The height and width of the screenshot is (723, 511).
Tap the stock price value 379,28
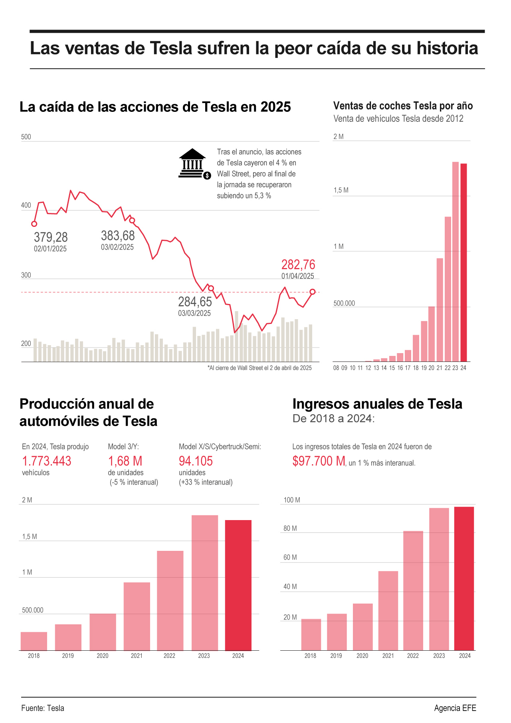51,237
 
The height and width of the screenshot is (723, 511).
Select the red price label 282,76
298,264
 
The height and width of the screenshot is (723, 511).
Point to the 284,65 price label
195,302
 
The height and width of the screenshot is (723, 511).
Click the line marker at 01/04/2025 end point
313,292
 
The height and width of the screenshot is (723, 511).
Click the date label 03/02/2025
117,247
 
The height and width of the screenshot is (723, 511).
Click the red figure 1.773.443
47,461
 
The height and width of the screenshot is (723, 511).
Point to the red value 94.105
196,461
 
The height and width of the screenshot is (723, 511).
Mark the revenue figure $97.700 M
319,461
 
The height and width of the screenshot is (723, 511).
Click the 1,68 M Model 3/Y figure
125,461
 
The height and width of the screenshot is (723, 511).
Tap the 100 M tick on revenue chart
292,500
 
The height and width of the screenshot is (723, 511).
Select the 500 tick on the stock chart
26,137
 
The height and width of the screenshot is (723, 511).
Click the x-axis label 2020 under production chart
103,655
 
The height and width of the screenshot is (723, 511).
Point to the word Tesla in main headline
171,48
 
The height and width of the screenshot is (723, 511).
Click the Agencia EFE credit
455,708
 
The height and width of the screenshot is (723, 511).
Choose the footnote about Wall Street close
259,368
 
